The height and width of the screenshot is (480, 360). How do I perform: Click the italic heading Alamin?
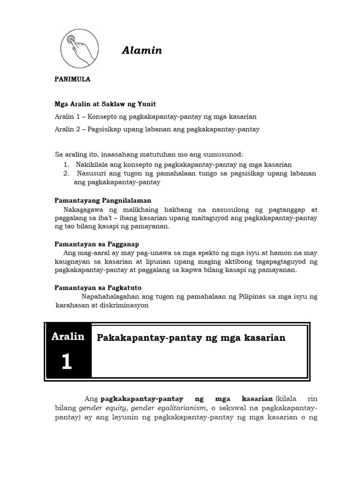tap(142, 51)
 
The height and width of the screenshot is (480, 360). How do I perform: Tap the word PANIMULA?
tap(73, 79)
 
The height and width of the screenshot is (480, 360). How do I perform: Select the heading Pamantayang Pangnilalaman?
tap(100, 200)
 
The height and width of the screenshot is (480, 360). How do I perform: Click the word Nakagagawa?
tap(83, 210)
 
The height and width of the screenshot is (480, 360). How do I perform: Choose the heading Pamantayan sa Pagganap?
tap(97, 244)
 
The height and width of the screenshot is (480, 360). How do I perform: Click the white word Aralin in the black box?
tap(68, 337)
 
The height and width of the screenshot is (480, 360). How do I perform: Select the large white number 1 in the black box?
tap(67, 361)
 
